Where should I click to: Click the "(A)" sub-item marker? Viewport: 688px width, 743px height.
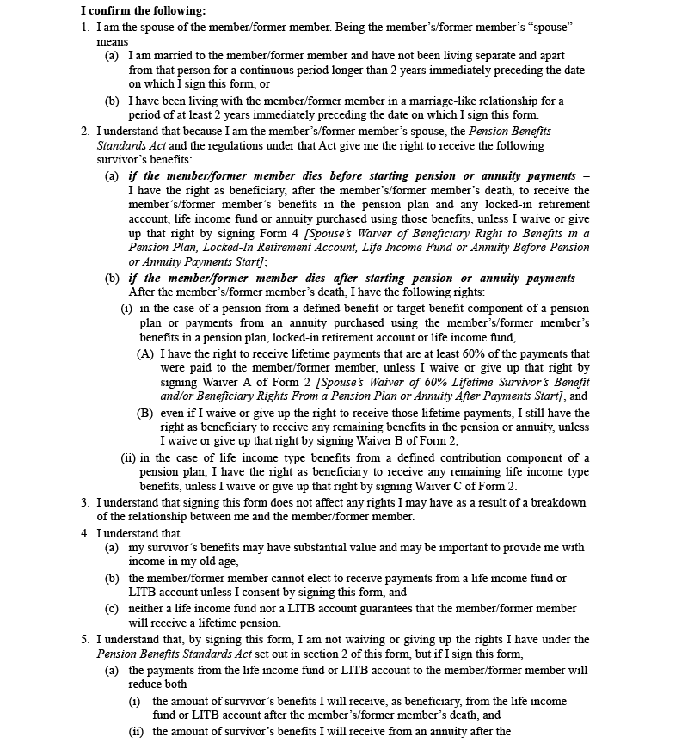(145, 353)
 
